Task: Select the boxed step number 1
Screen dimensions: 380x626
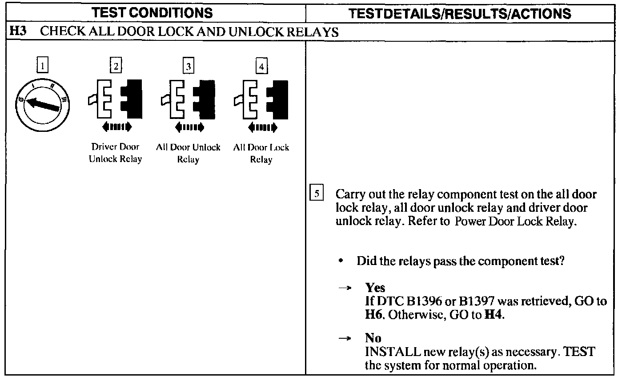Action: (x=42, y=67)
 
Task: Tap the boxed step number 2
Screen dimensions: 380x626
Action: (x=116, y=67)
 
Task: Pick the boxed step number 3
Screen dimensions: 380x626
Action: (x=189, y=67)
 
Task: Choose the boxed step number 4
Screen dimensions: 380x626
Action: (x=261, y=67)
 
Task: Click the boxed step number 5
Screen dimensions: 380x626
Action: (x=317, y=194)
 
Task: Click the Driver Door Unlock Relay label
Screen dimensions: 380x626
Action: (x=115, y=153)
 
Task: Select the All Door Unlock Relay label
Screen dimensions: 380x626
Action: (x=188, y=154)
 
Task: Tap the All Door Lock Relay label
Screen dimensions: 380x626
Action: (x=261, y=154)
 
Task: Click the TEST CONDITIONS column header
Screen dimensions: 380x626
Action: (x=152, y=13)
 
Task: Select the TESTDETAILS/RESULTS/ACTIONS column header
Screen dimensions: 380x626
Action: (x=460, y=14)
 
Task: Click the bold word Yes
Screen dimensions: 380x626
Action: (x=375, y=288)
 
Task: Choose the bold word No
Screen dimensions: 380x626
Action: (x=373, y=338)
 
